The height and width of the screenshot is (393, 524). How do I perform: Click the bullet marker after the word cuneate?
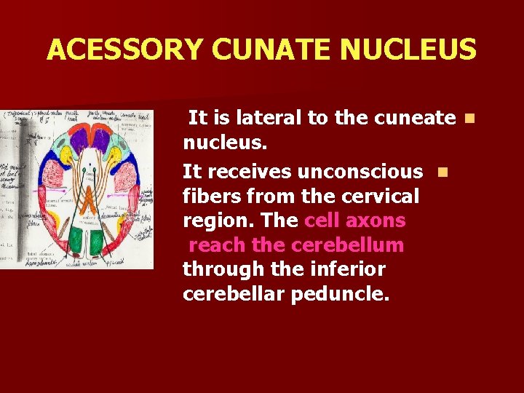click(x=469, y=117)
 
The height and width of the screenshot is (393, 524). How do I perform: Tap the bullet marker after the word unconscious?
click(x=441, y=172)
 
